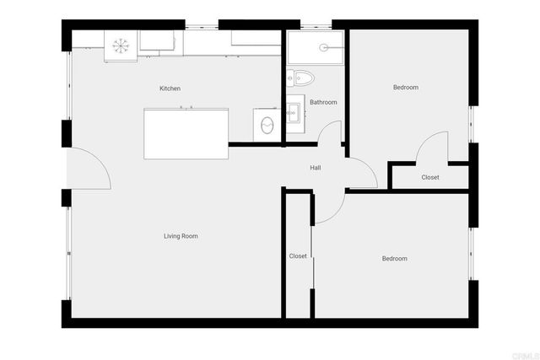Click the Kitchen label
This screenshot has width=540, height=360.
click(170, 89)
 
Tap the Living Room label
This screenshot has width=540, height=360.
click(181, 236)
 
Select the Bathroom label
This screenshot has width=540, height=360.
click(323, 103)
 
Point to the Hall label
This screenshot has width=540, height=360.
click(315, 168)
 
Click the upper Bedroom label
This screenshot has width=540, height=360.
click(405, 88)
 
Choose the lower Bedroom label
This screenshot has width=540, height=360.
click(394, 259)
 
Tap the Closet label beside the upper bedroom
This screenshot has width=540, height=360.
click(430, 178)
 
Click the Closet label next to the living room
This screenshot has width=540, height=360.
click(298, 256)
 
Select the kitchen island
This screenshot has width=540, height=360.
click(186, 133)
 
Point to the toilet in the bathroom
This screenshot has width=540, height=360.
click(302, 78)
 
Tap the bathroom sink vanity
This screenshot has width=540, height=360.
click(294, 110)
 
